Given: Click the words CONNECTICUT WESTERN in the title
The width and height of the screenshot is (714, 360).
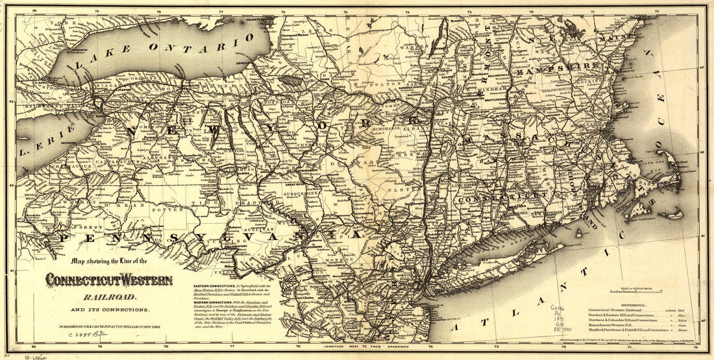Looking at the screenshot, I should [108, 280].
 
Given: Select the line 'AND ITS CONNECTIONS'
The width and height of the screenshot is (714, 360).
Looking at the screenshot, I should [108, 310].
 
